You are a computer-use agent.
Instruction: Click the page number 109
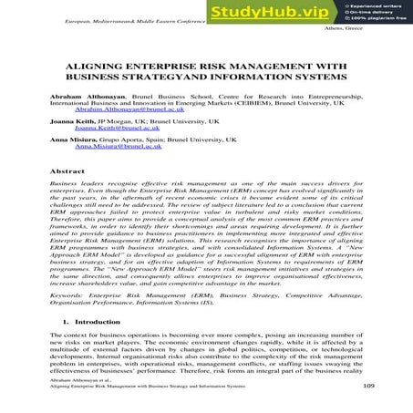click(x=368, y=386)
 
